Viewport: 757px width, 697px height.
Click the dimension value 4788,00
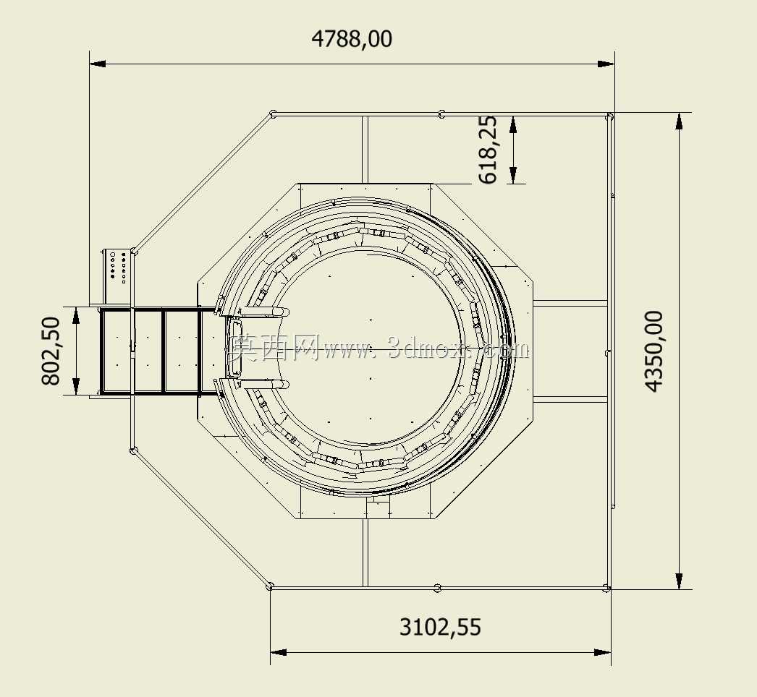352,39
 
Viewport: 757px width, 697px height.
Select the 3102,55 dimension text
440,627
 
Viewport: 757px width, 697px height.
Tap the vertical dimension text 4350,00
654,351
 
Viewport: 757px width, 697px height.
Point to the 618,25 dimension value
488,149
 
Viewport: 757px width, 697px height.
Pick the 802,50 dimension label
51,351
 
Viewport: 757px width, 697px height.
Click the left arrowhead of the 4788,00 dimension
98,64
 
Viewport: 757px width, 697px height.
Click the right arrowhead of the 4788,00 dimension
606,64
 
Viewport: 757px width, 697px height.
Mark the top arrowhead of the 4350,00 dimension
680,121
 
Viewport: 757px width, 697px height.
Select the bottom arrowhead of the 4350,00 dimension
680,581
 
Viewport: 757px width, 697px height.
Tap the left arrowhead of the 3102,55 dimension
279,652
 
